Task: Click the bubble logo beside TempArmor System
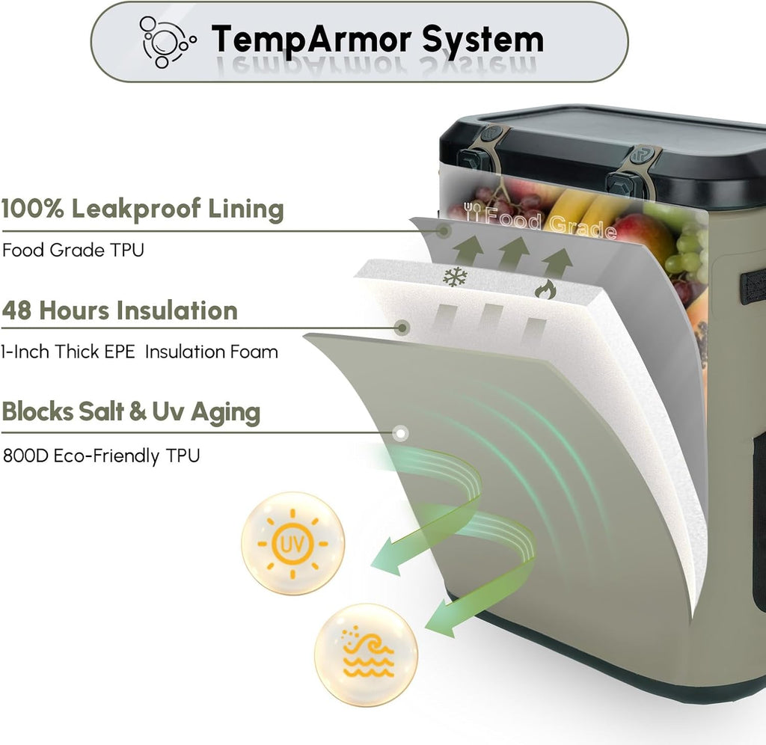[x=167, y=42]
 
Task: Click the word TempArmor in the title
[x=311, y=40]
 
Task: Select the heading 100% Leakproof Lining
[x=143, y=209]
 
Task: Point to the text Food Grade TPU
[x=73, y=250]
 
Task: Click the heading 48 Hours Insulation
[x=120, y=310]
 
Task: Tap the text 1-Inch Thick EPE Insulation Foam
[x=139, y=352]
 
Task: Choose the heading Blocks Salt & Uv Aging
[x=131, y=412]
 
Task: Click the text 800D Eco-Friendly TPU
[x=102, y=456]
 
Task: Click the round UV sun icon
[x=293, y=543]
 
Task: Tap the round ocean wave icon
[x=366, y=654]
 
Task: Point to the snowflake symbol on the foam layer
[x=455, y=277]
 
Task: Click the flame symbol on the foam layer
[x=545, y=289]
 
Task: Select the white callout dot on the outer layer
[x=401, y=433]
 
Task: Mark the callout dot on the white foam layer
[x=402, y=328]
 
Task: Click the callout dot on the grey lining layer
[x=444, y=230]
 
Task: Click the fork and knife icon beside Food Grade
[x=473, y=211]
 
